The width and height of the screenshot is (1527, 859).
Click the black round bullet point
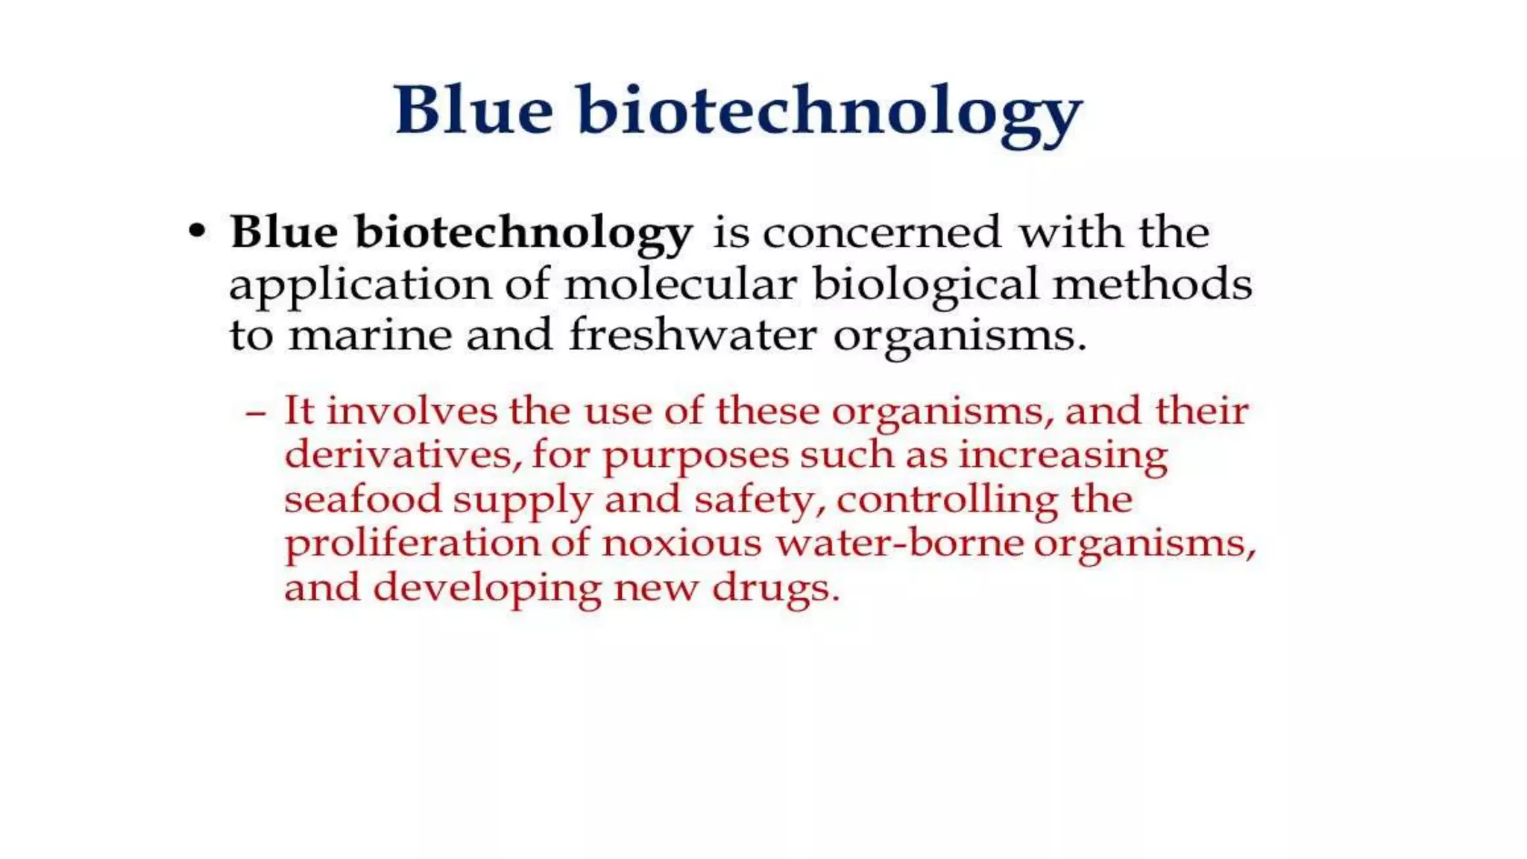click(197, 231)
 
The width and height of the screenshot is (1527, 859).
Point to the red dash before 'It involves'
click(256, 412)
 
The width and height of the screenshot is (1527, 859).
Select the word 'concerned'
click(881, 233)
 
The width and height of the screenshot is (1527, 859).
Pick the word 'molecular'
click(680, 285)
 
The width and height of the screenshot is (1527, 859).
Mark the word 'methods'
click(1152, 285)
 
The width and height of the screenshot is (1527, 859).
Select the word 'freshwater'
click(693, 334)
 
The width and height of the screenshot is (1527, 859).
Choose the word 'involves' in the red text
click(412, 411)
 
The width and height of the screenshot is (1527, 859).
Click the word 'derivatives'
click(399, 455)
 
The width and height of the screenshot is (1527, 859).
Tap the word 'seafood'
click(363, 499)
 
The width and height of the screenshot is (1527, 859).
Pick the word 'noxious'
click(681, 543)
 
